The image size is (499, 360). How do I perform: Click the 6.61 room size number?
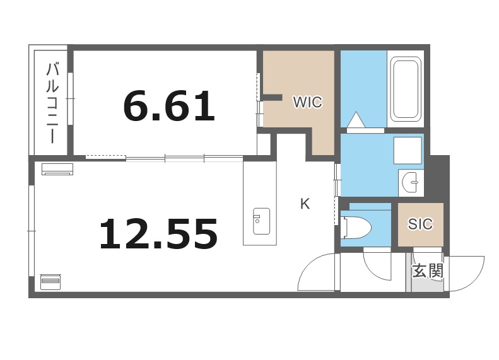click(169, 106)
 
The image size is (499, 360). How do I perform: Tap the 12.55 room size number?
click(158, 234)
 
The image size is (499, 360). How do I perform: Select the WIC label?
click(307, 102)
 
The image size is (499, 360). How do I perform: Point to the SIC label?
click(420, 224)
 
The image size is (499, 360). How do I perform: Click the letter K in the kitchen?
click(305, 204)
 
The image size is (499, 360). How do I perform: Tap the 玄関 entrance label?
click(428, 271)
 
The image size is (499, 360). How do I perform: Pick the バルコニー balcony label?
click(52, 103)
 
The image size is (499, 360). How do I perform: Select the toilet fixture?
click(356, 228)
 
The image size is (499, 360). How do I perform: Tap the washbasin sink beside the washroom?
click(411, 183)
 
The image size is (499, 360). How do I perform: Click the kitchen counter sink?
click(261, 221)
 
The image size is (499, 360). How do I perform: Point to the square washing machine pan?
click(408, 150)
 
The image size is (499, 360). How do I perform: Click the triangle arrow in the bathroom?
click(356, 120)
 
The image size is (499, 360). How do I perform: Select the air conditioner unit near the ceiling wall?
click(57, 169)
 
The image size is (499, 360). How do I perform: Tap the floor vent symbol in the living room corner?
click(50, 281)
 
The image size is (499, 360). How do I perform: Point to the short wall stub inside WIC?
click(272, 97)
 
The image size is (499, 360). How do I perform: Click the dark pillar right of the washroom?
click(440, 178)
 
